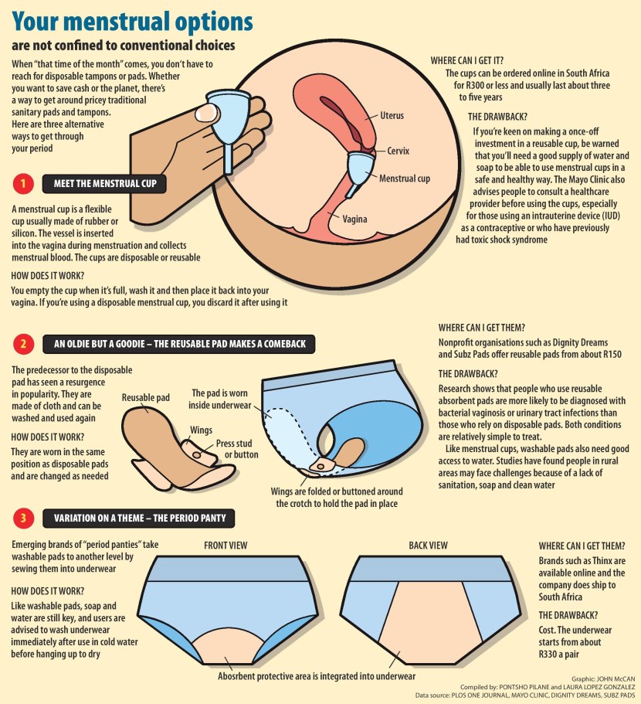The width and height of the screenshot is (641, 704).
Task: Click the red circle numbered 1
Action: coord(23,184)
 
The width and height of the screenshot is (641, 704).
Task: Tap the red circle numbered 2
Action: coord(23,344)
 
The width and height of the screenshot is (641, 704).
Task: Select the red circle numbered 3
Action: coord(23,518)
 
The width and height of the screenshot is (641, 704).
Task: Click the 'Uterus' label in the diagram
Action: coord(392,116)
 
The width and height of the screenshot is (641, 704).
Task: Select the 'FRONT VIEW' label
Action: coord(226,546)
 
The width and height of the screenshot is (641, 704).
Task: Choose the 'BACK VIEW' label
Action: coord(428,546)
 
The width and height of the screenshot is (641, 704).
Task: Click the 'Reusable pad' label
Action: coord(145,398)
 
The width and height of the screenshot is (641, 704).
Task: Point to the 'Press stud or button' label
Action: coord(236,450)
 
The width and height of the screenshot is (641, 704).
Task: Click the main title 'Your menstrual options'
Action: coord(133,21)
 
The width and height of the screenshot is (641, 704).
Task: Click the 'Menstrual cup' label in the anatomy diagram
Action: coord(405,179)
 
